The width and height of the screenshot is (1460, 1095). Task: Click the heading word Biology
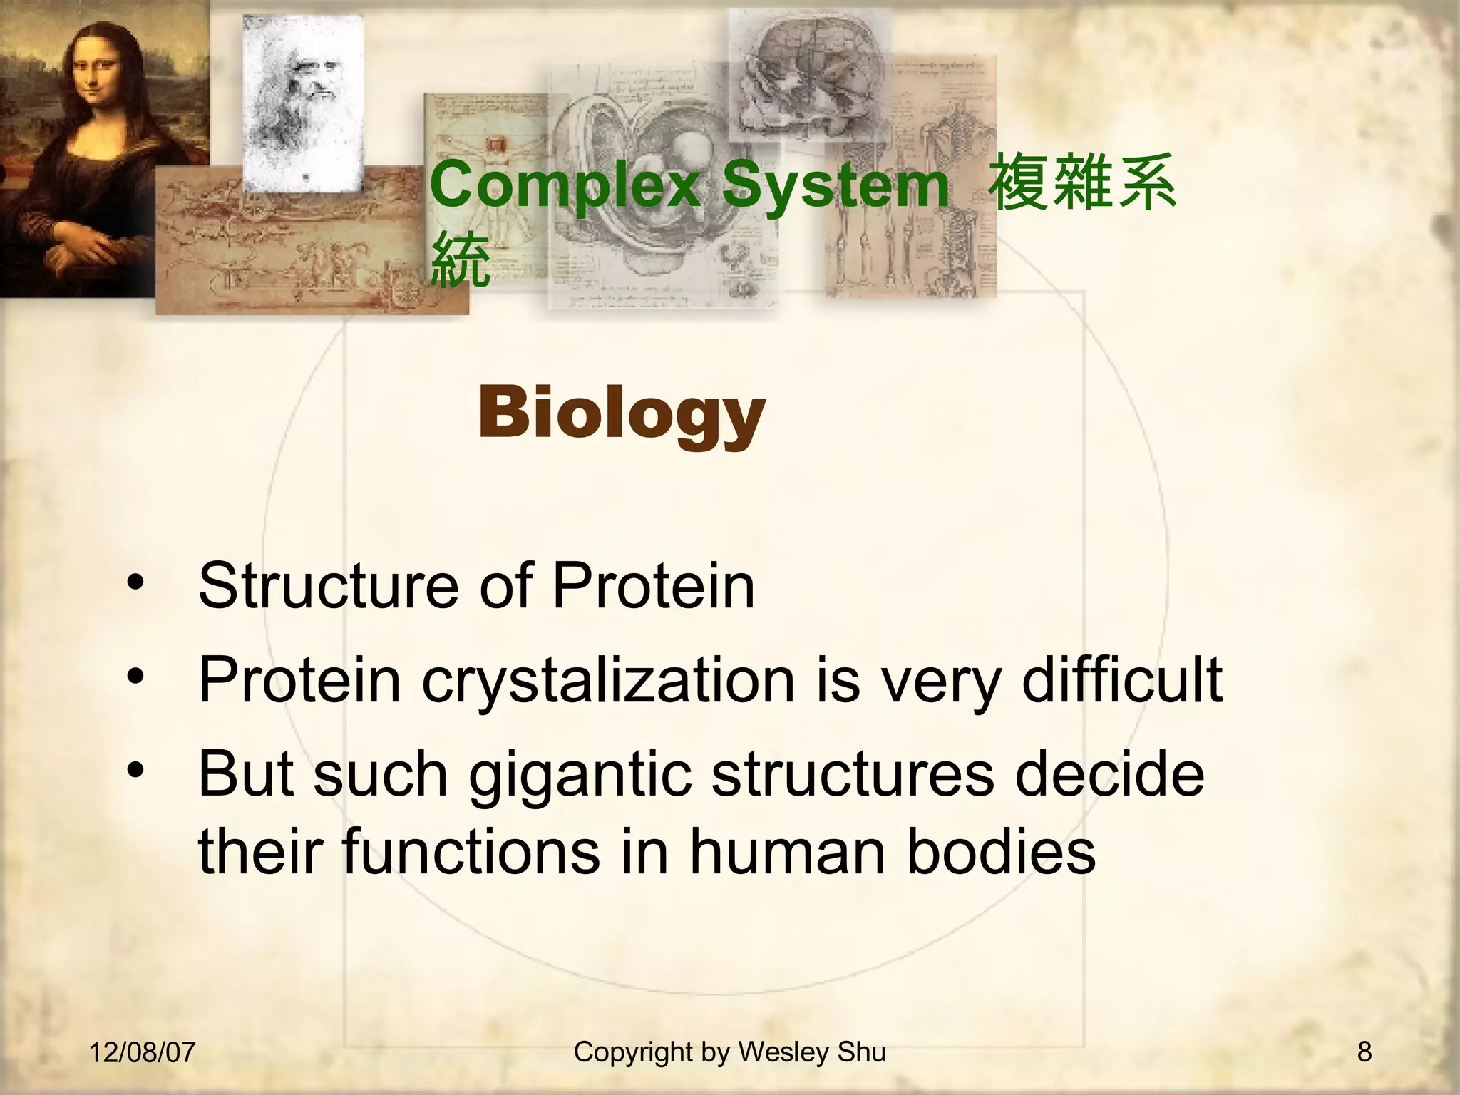click(x=621, y=414)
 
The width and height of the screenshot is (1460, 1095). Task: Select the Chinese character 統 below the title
click(x=461, y=259)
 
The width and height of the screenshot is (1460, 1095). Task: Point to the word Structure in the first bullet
click(x=327, y=586)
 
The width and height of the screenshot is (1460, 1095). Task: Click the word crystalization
click(x=607, y=681)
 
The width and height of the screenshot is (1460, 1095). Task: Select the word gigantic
click(x=580, y=776)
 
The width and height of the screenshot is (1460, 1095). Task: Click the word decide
click(x=1109, y=774)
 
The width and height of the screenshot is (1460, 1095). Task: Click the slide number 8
click(x=1364, y=1052)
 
